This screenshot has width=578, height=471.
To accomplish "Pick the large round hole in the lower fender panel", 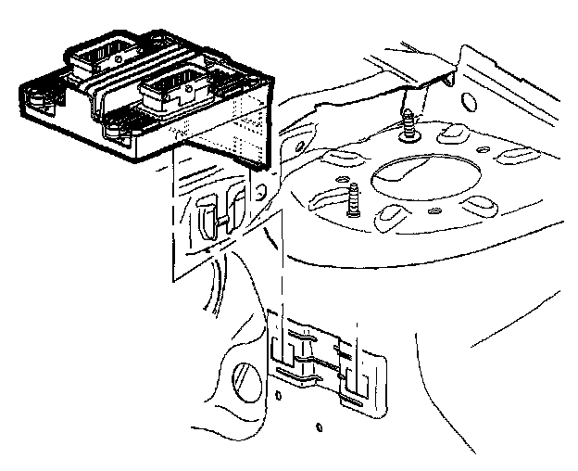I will tap(245, 379).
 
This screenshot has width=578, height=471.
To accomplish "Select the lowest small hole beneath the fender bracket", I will tap(319, 429).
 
